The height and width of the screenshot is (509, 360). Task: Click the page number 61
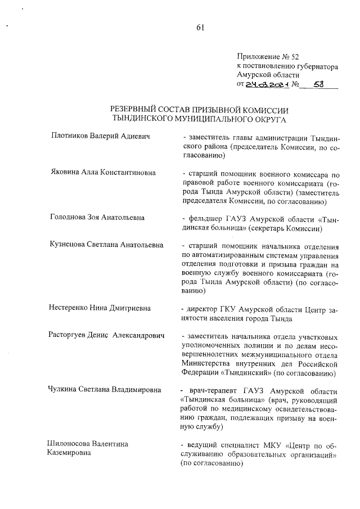(200, 30)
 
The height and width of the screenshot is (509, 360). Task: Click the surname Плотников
(70, 136)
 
